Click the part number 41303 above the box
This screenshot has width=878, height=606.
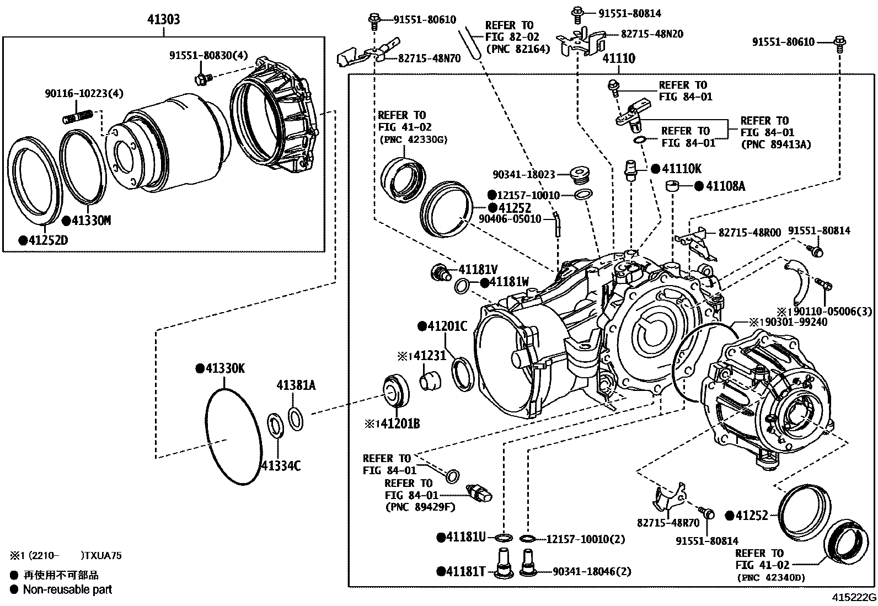(x=163, y=20)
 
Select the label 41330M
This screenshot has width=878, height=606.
(x=90, y=221)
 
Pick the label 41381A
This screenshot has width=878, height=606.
(x=296, y=385)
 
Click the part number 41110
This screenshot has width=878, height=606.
(x=618, y=58)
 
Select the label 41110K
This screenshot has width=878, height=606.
(x=681, y=169)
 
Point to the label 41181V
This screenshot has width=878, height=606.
(x=478, y=270)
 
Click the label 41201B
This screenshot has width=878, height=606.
(x=397, y=423)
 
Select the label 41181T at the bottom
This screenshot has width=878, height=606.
(x=465, y=571)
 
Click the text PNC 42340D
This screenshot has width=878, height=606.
(x=770, y=578)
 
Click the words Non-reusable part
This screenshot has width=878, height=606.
(x=67, y=589)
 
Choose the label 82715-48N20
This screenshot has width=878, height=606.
(x=652, y=34)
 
